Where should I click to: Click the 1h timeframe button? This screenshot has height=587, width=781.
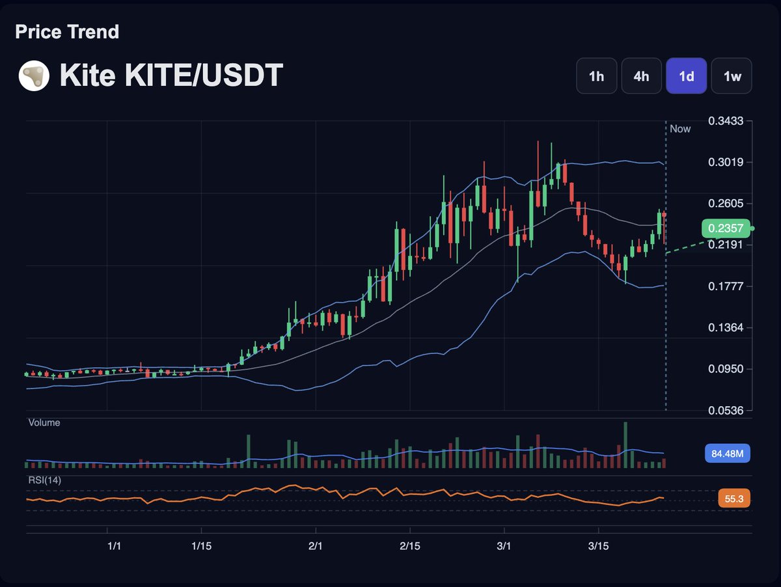(x=596, y=76)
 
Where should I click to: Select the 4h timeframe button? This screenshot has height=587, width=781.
(x=641, y=76)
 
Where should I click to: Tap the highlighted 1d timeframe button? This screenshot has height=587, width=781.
(x=686, y=76)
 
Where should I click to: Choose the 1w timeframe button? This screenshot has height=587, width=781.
(x=732, y=76)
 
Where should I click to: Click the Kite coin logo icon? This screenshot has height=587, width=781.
(x=34, y=76)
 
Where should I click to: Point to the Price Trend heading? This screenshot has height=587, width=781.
(x=67, y=32)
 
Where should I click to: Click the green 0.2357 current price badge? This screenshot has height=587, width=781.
(x=726, y=228)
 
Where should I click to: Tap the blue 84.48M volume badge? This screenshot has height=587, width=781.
(x=728, y=454)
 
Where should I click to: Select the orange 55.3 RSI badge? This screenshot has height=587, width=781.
(x=735, y=499)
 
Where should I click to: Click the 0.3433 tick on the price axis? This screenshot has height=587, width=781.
(x=726, y=121)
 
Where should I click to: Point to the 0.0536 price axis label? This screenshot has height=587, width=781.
(x=726, y=410)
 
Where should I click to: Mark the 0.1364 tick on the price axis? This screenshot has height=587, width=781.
(x=726, y=327)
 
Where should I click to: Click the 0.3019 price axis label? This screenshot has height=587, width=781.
(x=726, y=162)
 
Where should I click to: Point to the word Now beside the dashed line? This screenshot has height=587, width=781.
(x=680, y=129)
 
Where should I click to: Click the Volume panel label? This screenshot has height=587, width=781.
(x=44, y=422)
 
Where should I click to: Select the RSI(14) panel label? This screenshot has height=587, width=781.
(x=44, y=480)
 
